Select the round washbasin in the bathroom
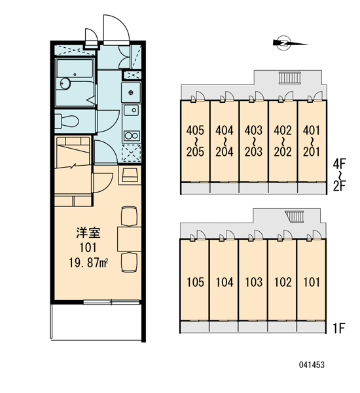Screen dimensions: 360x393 click(x=65, y=83)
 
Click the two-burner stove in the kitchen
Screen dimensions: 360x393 click(x=132, y=136)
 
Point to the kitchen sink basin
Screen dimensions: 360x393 click(x=132, y=110)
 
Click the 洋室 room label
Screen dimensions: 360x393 click(x=88, y=233)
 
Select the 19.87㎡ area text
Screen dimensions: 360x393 click(x=88, y=263)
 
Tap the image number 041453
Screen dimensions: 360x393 click(x=312, y=365)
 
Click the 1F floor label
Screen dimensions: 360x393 click(x=339, y=328)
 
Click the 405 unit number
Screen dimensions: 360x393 click(x=195, y=130)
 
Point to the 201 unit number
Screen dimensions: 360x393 click(x=312, y=152)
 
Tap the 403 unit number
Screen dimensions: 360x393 click(x=253, y=130)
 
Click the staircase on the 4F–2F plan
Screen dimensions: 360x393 click(x=289, y=78)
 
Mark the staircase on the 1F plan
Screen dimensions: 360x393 click(x=295, y=217)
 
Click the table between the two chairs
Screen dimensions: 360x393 click(x=129, y=239)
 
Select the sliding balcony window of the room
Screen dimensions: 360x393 click(x=111, y=302)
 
